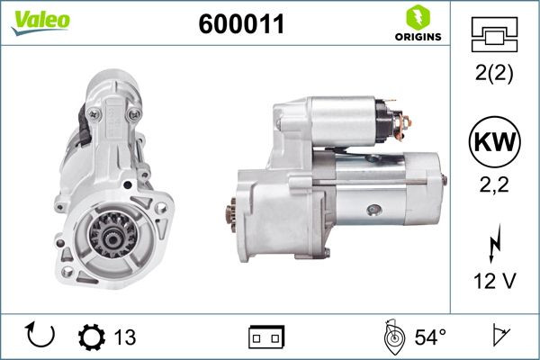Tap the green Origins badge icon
[x=416, y=16]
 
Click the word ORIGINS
[x=417, y=37]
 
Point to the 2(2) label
[x=494, y=76]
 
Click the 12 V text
[x=494, y=281]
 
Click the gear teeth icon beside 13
[x=92, y=337]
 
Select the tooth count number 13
[x=126, y=337]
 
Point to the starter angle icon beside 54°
[x=393, y=337]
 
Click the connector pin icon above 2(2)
[x=494, y=35]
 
